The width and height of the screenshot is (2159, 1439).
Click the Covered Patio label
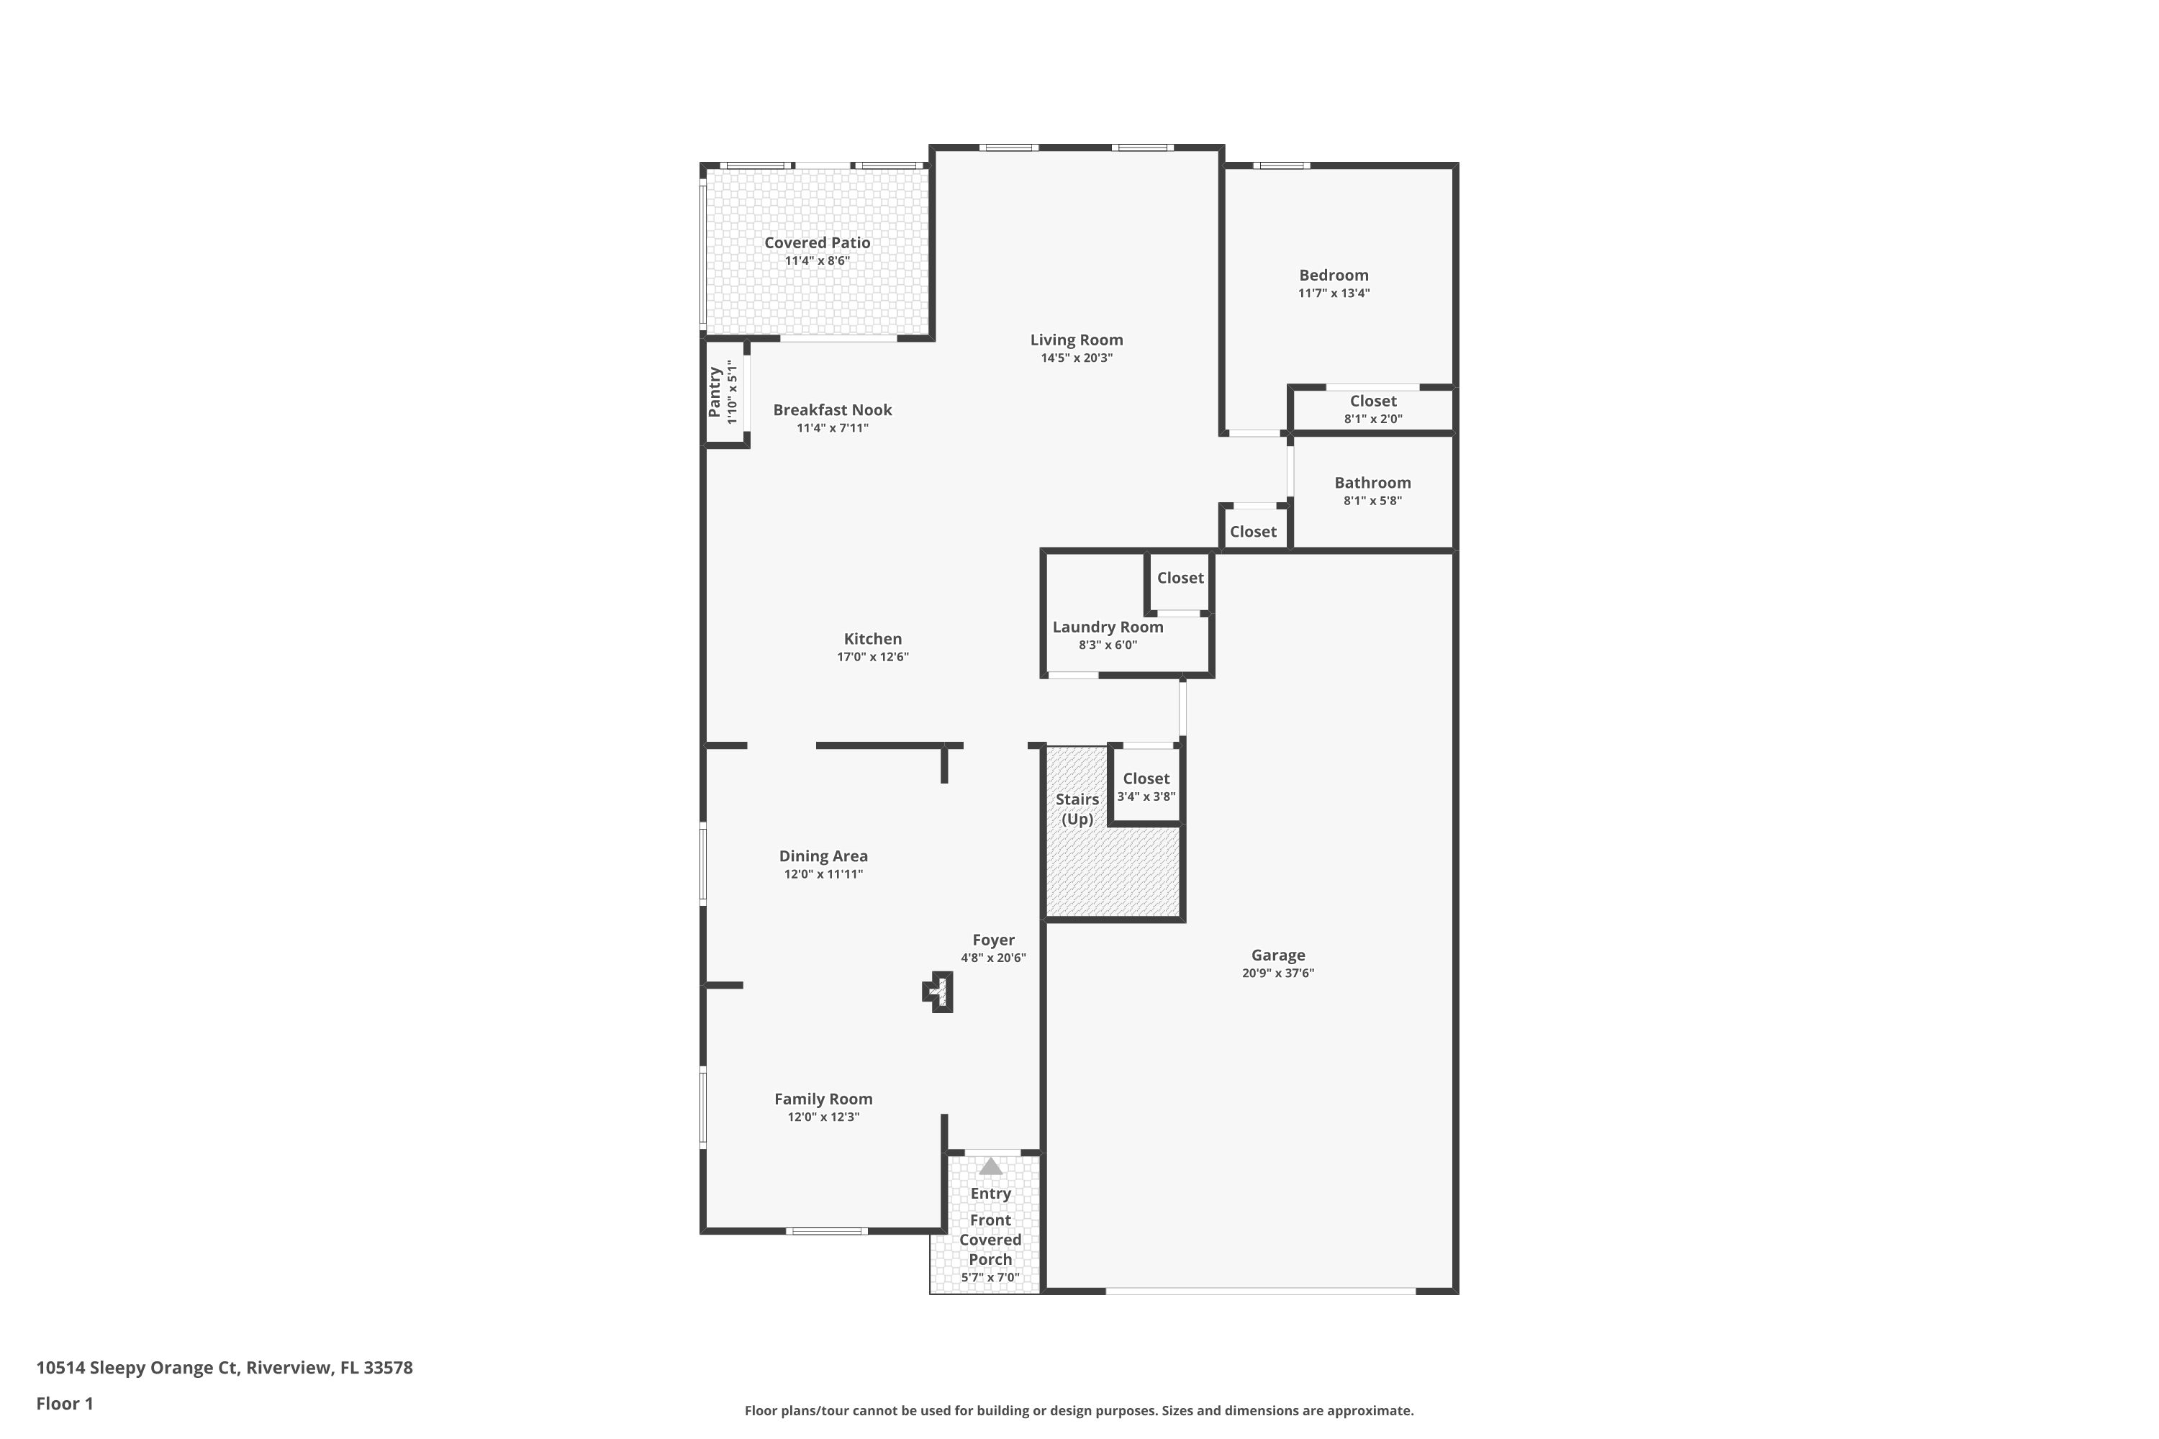817,243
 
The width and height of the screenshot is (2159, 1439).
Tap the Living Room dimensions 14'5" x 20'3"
1076,358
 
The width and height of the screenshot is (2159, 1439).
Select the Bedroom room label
1333,276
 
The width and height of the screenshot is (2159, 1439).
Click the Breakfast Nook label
832,410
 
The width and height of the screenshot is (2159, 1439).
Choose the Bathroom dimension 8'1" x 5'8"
1372,501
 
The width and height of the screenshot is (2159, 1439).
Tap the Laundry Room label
1107,627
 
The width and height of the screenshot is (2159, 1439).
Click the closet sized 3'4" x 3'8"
1146,786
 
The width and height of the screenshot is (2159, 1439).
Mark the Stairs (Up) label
1077,809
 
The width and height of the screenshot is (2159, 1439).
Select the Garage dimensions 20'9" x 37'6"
1278,973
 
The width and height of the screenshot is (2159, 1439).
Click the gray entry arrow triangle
990,1166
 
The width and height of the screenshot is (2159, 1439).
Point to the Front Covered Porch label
990,1240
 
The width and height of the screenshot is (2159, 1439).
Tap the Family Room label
823,1099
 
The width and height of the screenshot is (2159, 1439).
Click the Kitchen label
872,639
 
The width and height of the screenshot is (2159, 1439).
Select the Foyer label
993,940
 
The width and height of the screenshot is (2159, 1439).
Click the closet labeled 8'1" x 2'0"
1372,409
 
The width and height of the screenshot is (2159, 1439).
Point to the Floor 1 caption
64,1403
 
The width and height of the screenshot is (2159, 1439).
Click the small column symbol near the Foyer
938,992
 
